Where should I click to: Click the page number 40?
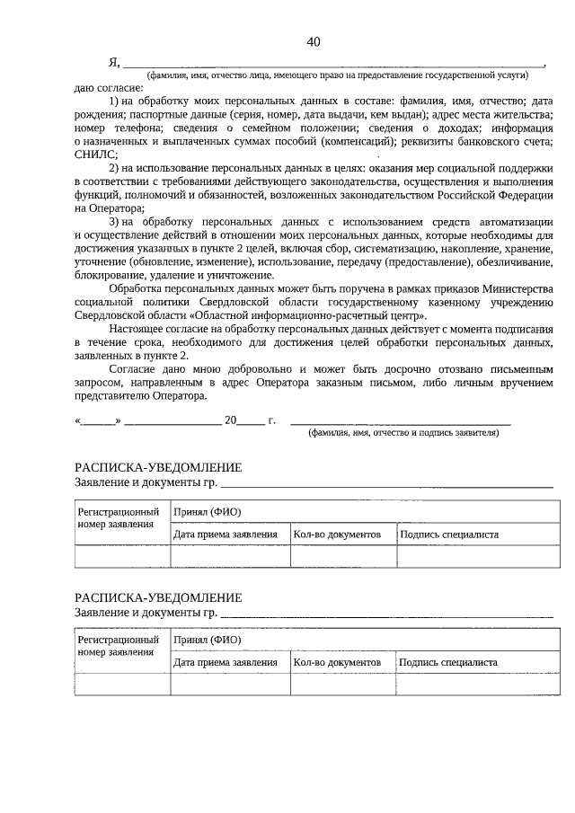point(313,42)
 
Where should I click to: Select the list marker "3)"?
point(115,221)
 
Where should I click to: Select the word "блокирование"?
point(111,274)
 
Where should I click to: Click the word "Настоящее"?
point(136,330)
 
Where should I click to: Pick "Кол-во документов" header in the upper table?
point(343,535)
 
